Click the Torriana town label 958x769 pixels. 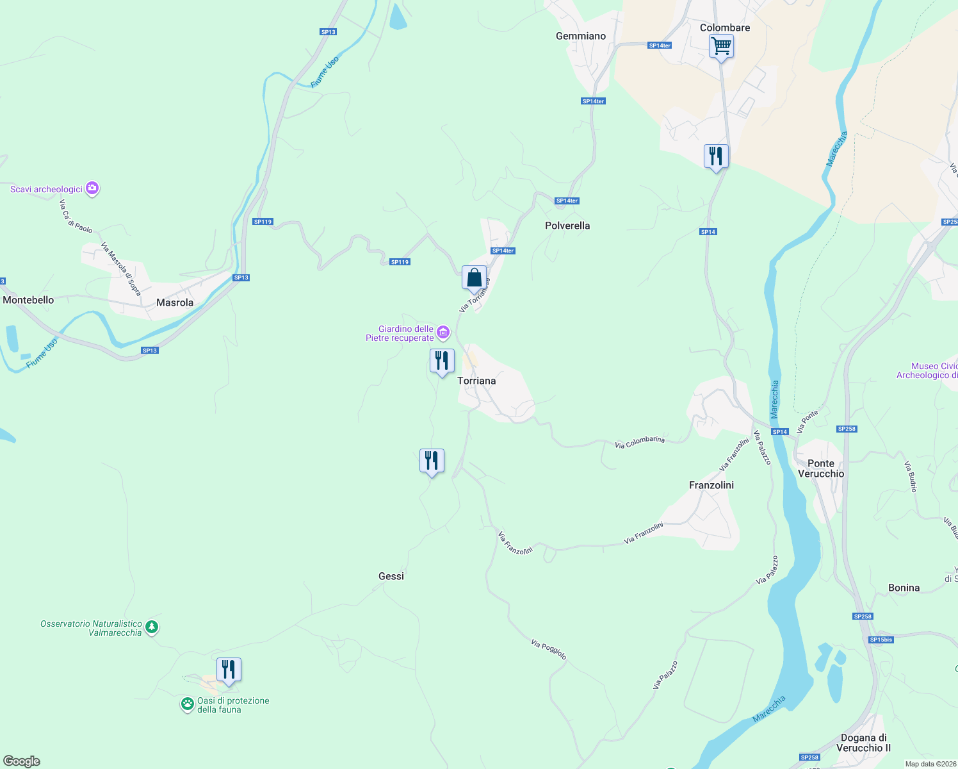[476, 381]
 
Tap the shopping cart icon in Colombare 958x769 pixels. [722, 46]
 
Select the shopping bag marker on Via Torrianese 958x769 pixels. [474, 278]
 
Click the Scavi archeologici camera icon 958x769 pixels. [92, 188]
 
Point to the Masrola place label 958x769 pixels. [175, 302]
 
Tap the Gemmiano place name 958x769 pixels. [581, 36]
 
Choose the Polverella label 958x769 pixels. [567, 226]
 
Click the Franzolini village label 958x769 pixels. [711, 485]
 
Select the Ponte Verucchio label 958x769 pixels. [821, 468]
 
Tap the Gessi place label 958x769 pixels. [391, 576]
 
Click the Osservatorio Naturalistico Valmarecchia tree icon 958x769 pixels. [152, 627]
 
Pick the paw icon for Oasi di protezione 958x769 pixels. [187, 705]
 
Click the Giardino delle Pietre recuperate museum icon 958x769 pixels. [443, 333]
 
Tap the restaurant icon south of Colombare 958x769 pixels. [716, 156]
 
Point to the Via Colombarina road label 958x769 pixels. [640, 442]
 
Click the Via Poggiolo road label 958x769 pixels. [549, 649]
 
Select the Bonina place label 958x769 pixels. [904, 588]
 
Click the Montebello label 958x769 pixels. [28, 300]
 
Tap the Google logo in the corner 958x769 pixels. [22, 761]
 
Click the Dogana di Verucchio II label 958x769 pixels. [864, 743]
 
